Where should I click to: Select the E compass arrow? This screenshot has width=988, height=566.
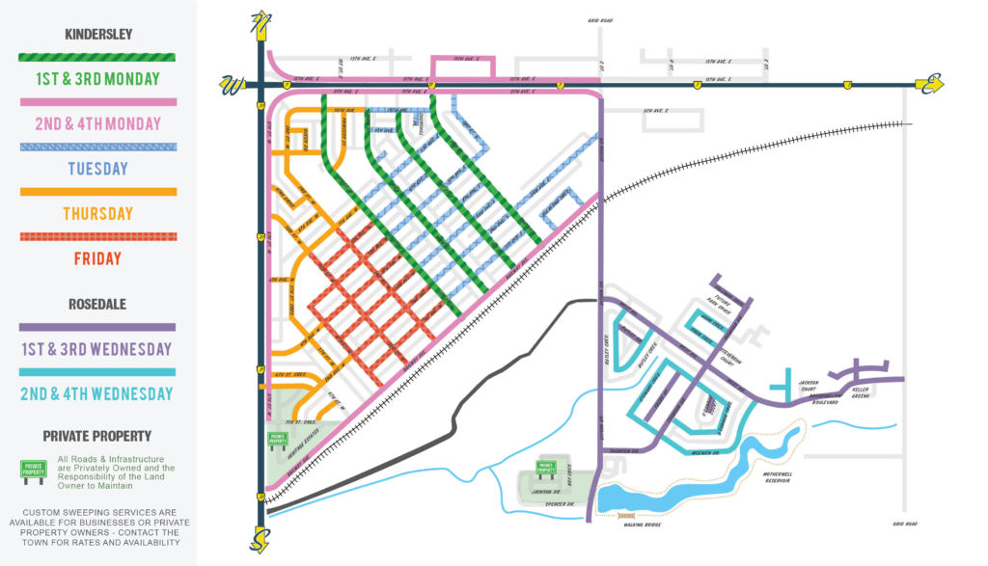[928, 85]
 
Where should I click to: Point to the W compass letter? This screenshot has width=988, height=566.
[233, 86]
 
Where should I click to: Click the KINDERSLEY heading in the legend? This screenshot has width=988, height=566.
[98, 34]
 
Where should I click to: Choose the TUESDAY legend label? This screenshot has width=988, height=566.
[98, 169]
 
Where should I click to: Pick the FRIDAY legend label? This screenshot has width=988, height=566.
[98, 258]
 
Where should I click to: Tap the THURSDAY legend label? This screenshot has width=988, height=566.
[98, 214]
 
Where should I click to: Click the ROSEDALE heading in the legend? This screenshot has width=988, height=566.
[98, 304]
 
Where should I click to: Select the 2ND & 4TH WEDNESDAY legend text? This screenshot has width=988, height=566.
[98, 393]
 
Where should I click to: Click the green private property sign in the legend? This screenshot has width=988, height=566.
[34, 470]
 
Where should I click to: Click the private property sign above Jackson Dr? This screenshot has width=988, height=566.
[547, 470]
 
